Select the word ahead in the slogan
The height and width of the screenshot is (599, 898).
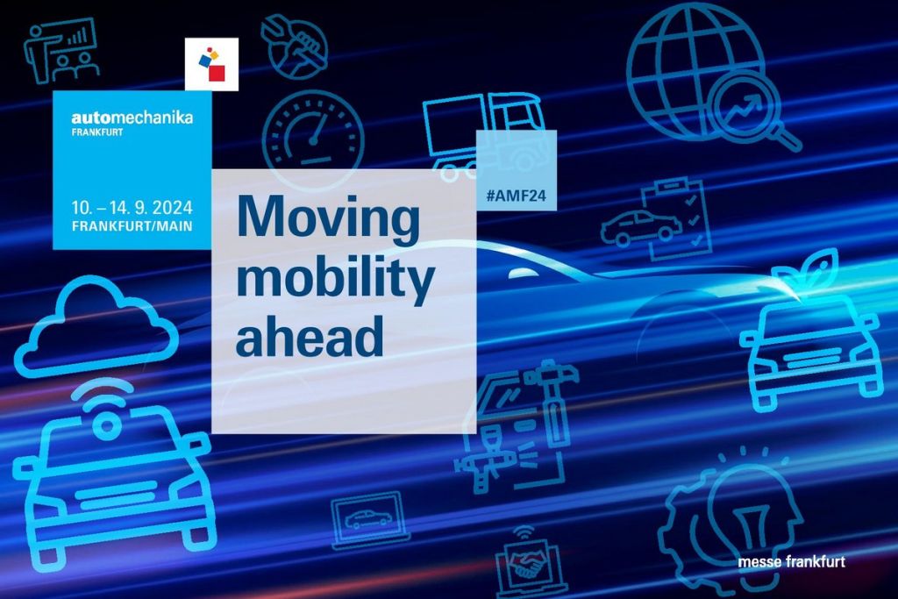pyautogui.click(x=310, y=335)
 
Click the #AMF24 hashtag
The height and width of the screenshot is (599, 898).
pyautogui.click(x=516, y=196)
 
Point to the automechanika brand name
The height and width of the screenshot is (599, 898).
pyautogui.click(x=132, y=118)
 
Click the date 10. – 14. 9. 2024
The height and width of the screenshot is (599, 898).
pyautogui.click(x=132, y=207)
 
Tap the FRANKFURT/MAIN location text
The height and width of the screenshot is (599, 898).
pyautogui.click(x=132, y=225)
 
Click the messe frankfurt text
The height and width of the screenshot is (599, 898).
pyautogui.click(x=792, y=562)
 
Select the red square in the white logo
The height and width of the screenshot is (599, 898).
pyautogui.click(x=217, y=74)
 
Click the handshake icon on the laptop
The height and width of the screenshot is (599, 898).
pyautogui.click(x=526, y=564)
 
